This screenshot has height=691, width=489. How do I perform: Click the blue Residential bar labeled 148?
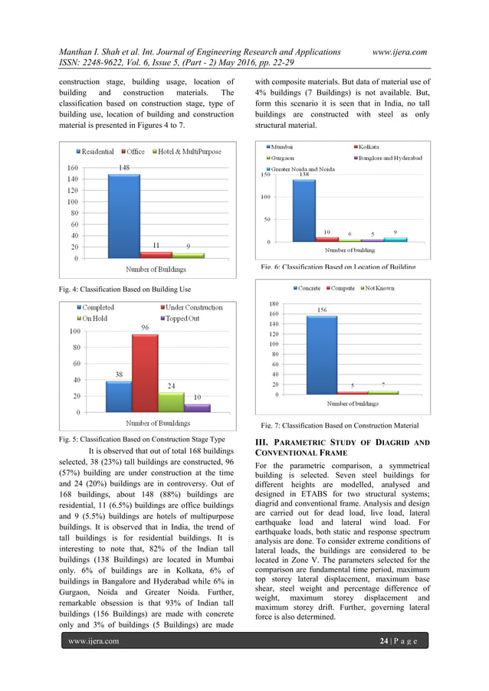[x=123, y=216]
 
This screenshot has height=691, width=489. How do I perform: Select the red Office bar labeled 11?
[x=156, y=254]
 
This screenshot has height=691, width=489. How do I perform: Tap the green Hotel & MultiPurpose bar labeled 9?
[x=188, y=255]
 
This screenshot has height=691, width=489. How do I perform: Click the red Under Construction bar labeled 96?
[x=145, y=373]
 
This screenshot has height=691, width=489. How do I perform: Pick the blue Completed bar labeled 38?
[x=119, y=397]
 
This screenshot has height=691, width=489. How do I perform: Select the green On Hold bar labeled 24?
[x=171, y=402]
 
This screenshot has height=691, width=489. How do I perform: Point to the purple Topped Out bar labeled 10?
[x=197, y=408]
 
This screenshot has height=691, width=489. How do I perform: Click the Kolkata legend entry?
[x=369, y=146]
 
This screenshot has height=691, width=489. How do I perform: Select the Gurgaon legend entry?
[x=284, y=156]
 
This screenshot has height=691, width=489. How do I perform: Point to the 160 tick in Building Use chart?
[x=72, y=167]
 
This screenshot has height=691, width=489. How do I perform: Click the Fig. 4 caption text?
[x=125, y=289]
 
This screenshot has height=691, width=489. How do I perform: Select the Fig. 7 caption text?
[x=340, y=425]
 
